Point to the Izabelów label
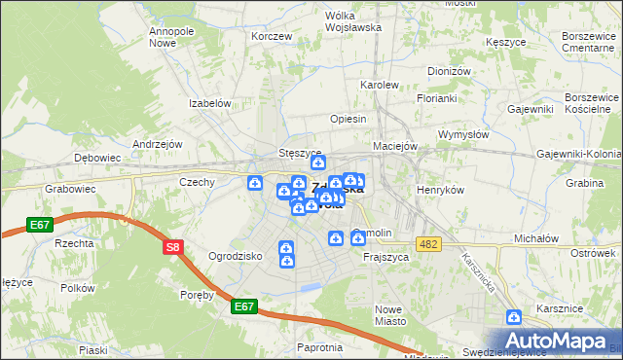209,103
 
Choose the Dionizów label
449,71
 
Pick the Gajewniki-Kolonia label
579,155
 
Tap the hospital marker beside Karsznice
514,316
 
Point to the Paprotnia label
320,347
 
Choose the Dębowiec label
97,157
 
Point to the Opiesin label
348,119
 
